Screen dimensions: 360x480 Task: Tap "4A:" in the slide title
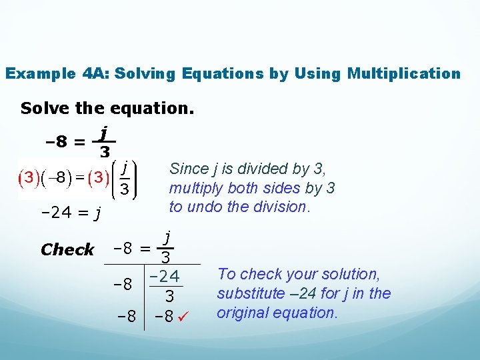coord(97,73)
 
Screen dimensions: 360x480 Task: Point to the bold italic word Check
coord(67,250)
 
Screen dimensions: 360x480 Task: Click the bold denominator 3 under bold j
coord(105,153)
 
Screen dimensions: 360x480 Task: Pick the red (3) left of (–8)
coord(29,177)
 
